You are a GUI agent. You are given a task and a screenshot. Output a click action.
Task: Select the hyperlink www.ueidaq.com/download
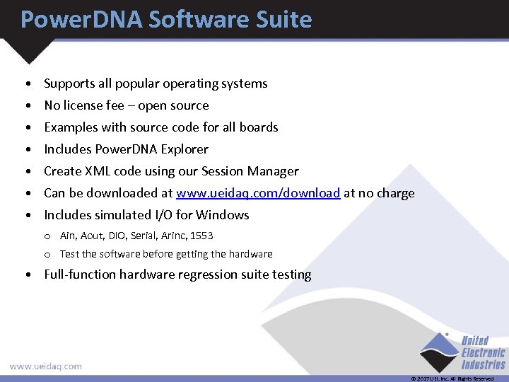click(x=258, y=193)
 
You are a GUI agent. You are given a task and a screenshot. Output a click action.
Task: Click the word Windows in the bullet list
click(x=223, y=215)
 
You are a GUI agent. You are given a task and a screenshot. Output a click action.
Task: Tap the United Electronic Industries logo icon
click(x=438, y=352)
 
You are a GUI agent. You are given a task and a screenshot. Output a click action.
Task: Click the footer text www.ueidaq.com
click(x=45, y=366)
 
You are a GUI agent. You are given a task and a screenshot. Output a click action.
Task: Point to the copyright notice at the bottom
click(x=452, y=379)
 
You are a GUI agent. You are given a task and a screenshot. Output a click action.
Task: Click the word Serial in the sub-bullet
click(x=139, y=236)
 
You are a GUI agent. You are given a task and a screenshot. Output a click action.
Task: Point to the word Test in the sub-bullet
click(x=69, y=254)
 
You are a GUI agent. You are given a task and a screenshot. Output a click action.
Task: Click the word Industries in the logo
click(x=484, y=364)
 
